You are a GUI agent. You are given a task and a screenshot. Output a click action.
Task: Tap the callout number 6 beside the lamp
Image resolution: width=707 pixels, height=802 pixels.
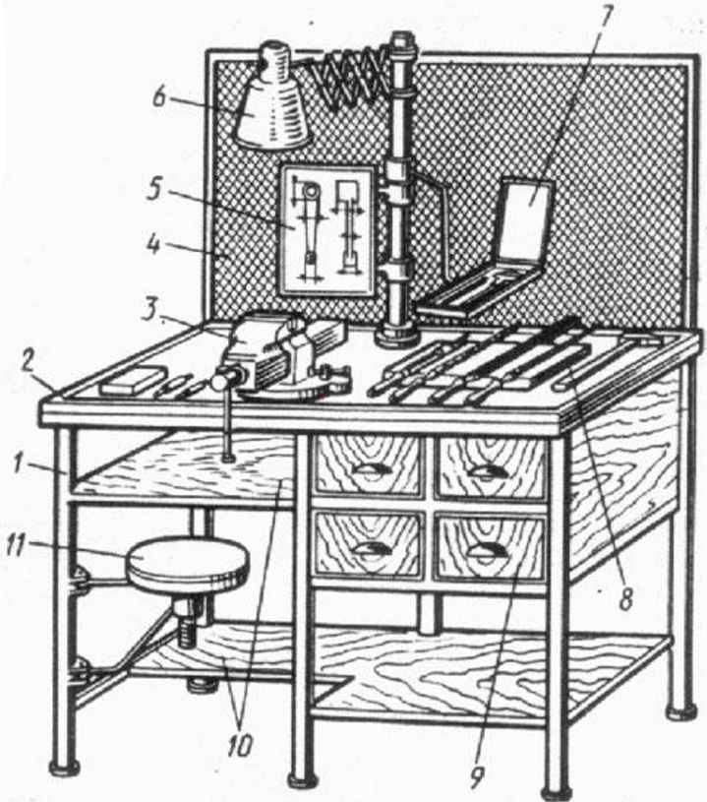point(159,96)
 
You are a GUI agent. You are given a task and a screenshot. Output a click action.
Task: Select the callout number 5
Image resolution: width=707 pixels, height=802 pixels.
point(153,188)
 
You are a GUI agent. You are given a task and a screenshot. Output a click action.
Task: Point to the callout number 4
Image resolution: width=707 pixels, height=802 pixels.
point(153,246)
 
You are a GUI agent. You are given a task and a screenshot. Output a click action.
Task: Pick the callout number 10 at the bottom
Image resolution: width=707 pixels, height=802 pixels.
point(240,746)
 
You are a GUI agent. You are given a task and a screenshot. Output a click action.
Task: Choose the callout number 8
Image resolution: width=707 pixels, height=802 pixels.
point(625,598)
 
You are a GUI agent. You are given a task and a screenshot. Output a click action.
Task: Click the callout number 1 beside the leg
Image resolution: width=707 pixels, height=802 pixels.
point(19,464)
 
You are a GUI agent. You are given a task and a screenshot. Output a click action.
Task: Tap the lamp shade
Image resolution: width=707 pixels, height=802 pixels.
point(272,95)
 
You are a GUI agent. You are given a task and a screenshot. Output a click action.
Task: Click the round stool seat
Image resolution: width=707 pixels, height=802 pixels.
point(187,566)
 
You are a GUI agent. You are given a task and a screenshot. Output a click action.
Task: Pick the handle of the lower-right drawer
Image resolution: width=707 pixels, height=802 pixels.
point(485,550)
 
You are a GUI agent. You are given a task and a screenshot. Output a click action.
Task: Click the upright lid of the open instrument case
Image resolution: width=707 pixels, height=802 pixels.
point(526,217)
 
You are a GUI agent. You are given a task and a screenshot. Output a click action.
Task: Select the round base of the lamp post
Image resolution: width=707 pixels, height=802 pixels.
point(397,336)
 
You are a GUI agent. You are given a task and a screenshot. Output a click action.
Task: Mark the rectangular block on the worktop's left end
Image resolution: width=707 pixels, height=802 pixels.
point(133,380)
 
